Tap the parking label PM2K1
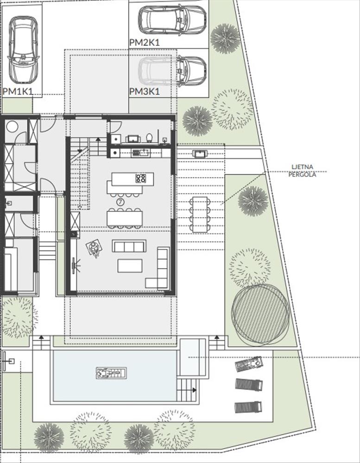point(144,43)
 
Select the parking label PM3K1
point(145,92)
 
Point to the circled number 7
point(120,202)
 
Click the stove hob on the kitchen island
point(141,178)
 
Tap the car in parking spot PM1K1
point(23,50)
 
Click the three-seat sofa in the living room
point(129,246)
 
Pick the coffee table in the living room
point(130,266)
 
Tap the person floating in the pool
point(111,373)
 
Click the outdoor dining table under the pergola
point(200,214)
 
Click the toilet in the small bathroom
point(149,138)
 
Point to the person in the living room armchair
point(94,250)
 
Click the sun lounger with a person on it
point(249,363)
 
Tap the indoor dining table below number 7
point(125,219)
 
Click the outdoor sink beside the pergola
point(200,154)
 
